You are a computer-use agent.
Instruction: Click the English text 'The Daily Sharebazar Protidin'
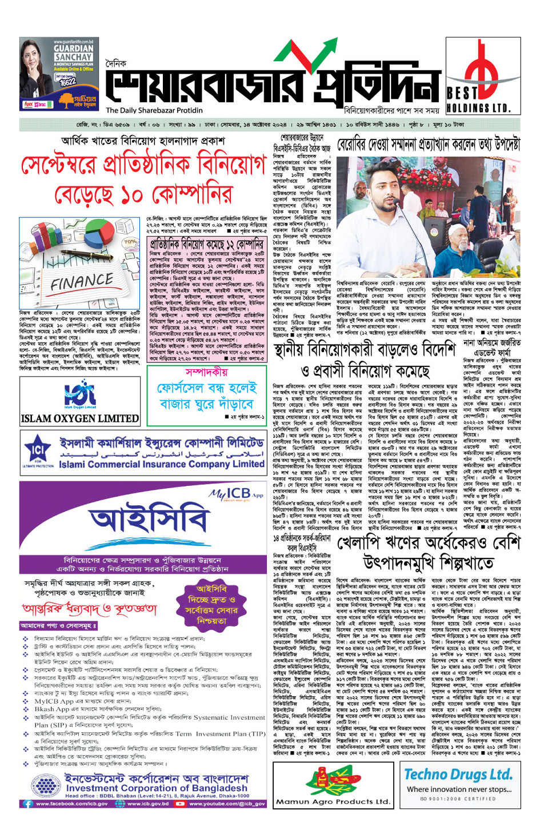(154, 110)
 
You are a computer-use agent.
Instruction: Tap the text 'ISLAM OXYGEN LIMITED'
(80, 418)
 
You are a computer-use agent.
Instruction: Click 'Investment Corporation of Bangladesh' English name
(158, 788)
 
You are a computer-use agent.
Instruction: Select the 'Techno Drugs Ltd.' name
(458, 775)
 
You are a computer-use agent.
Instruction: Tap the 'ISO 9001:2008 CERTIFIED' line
(458, 799)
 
